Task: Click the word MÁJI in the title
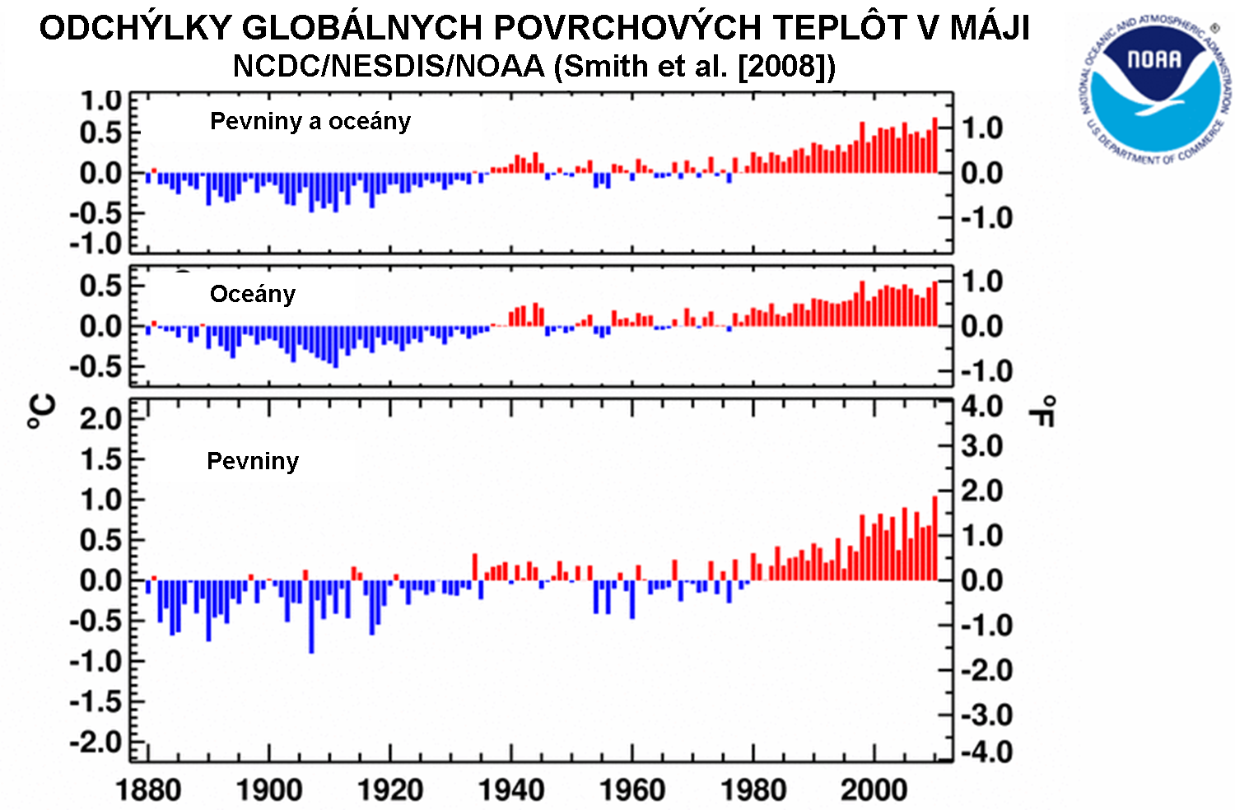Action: click(x=990, y=28)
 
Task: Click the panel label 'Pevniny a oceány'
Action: click(x=310, y=121)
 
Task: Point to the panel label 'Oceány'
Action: click(x=252, y=294)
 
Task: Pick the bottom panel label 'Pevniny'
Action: click(x=252, y=461)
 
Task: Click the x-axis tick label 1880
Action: click(x=148, y=790)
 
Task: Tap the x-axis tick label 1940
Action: click(x=511, y=790)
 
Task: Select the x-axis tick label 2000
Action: click(x=874, y=790)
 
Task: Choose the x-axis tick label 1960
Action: click(x=632, y=790)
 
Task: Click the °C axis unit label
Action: click(x=42, y=412)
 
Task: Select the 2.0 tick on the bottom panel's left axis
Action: click(x=100, y=419)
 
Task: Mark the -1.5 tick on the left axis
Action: click(x=96, y=702)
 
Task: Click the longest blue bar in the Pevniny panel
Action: click(x=311, y=617)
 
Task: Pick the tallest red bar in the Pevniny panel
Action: click(x=934, y=538)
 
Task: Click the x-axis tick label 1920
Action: click(x=390, y=790)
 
